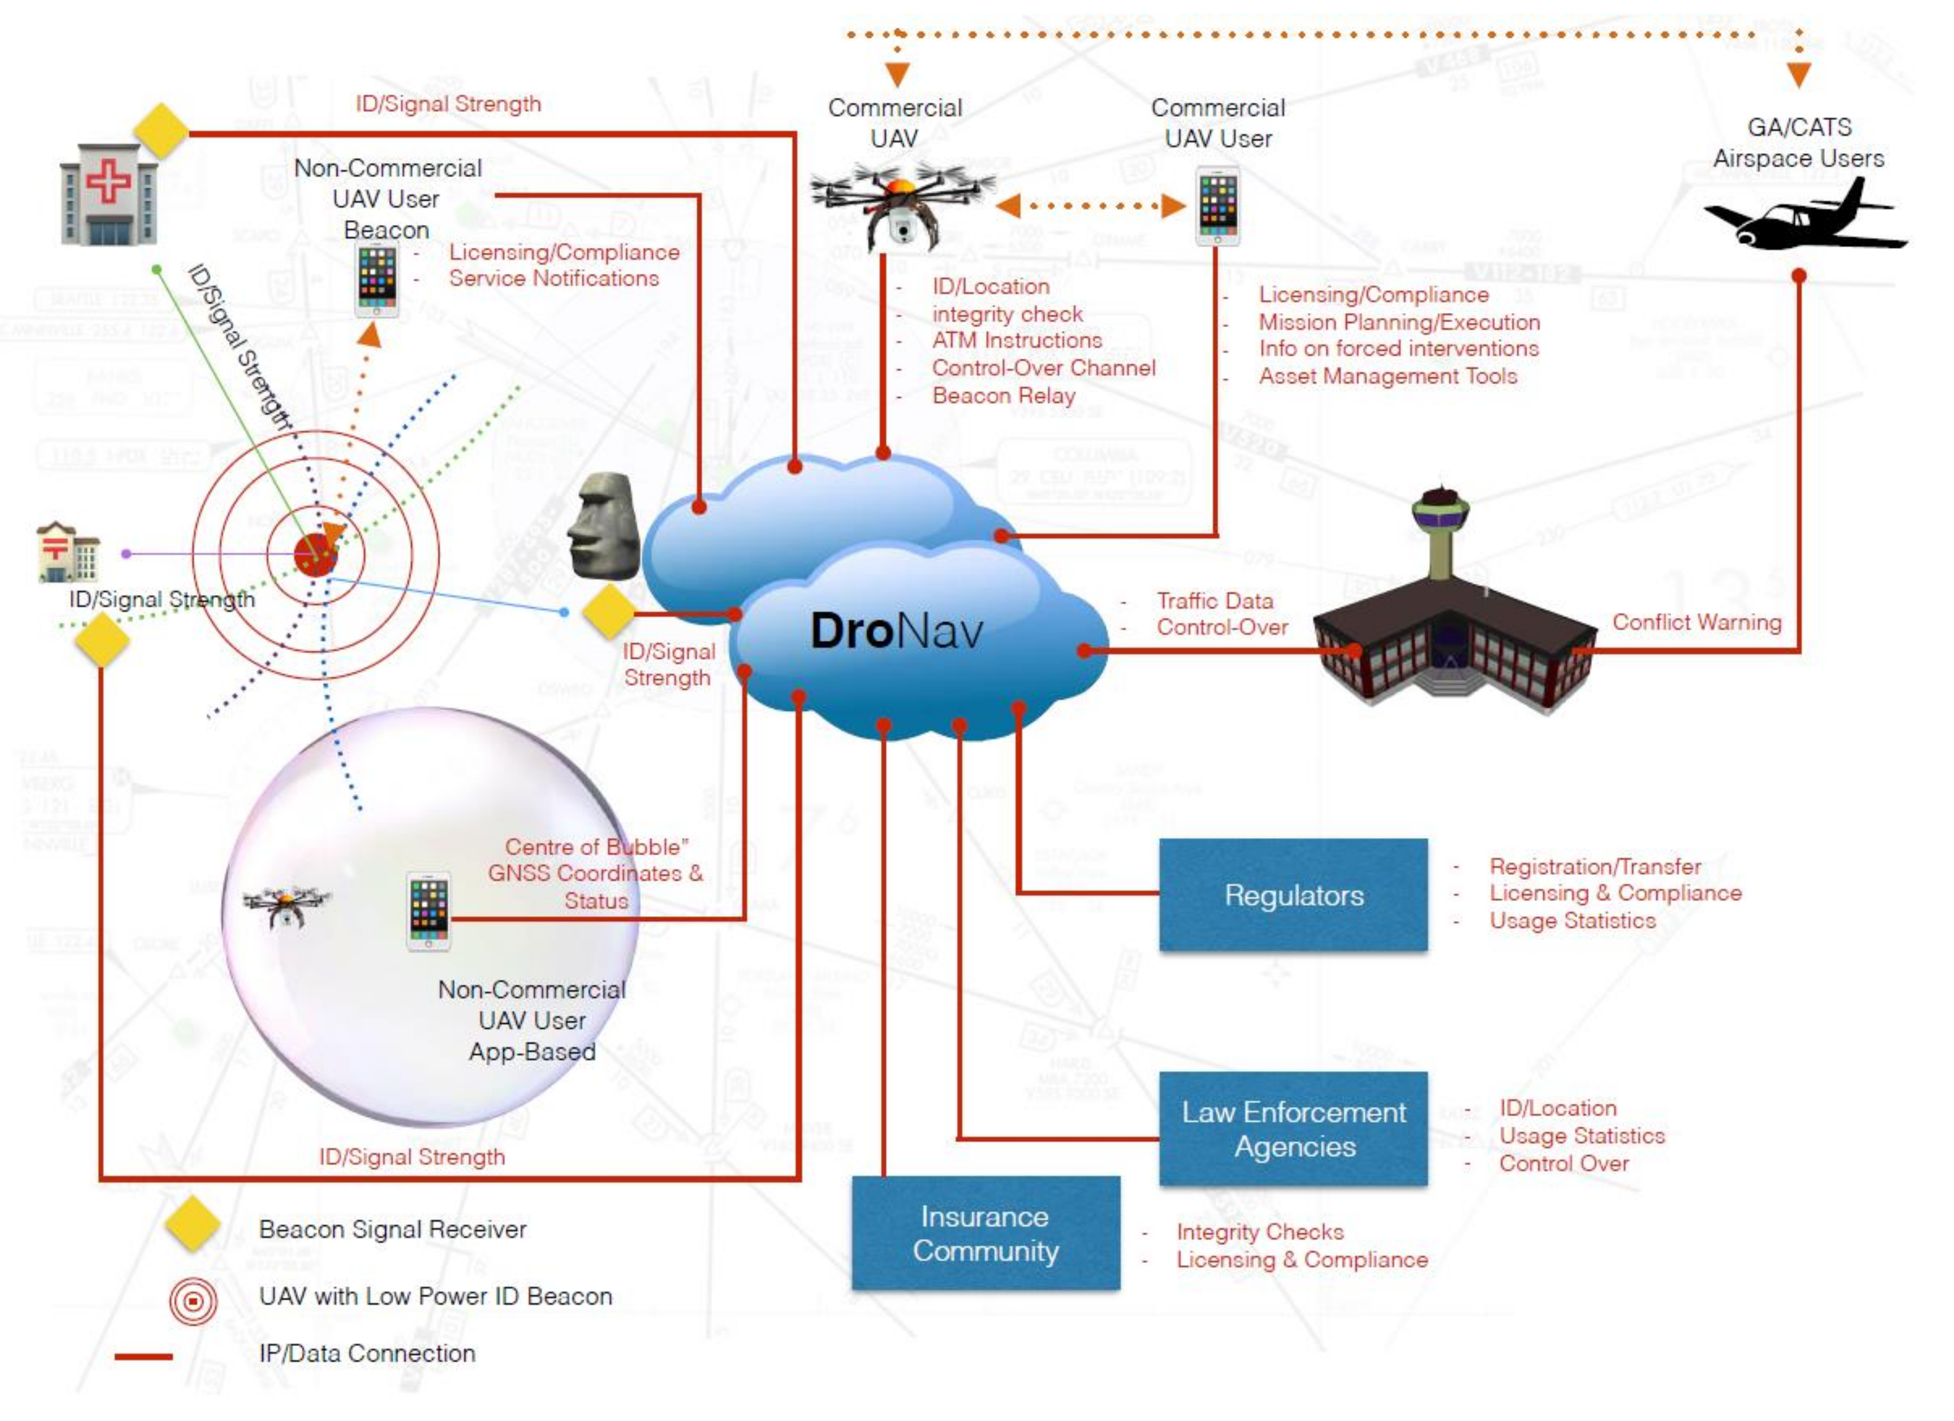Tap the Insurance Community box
point(986,1233)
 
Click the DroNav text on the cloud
point(896,631)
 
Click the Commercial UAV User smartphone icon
point(1218,207)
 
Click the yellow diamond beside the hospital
point(161,131)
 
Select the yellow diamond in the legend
point(191,1224)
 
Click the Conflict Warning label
point(1695,622)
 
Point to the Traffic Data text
point(1214,601)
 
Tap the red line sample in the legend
point(143,1356)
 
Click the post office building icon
point(68,552)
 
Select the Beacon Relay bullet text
point(1003,395)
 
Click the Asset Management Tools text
point(1387,376)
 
